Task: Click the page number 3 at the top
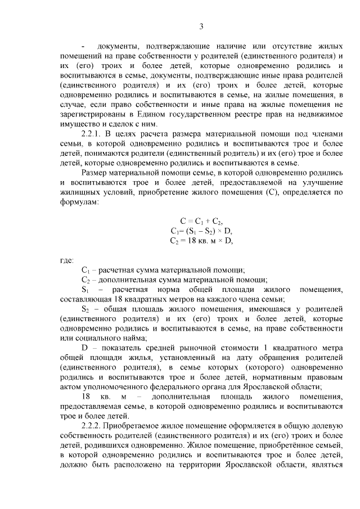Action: (x=201, y=25)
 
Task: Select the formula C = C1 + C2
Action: (x=201, y=220)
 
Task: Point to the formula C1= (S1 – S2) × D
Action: (x=201, y=231)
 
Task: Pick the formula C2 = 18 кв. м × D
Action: (x=201, y=240)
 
